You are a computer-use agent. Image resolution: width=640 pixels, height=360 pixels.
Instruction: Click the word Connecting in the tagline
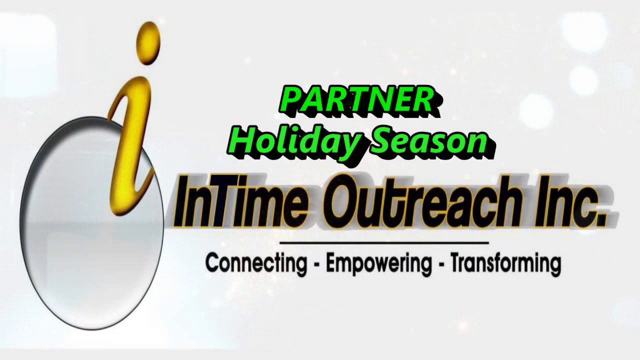tap(256, 263)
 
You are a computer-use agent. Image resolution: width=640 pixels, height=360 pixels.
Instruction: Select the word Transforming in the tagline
tap(505, 263)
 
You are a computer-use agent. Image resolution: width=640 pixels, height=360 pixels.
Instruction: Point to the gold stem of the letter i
tap(131, 145)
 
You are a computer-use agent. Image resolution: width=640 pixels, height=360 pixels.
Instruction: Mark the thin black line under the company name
tap(383, 242)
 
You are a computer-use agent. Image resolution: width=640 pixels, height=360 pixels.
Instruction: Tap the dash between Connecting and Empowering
tap(316, 264)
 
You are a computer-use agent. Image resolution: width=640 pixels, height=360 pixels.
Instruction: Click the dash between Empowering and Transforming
tap(441, 264)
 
